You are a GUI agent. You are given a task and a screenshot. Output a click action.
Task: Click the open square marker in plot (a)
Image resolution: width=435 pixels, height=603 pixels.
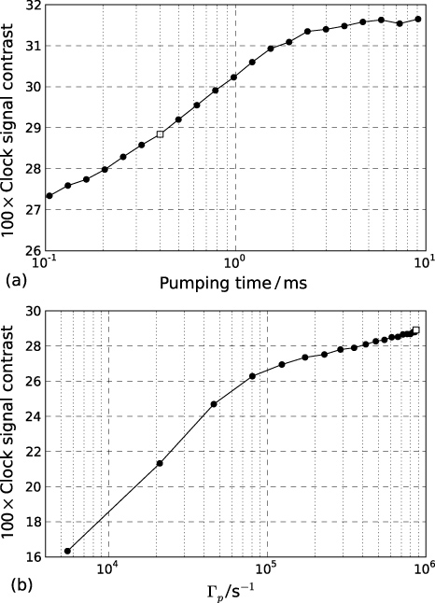161,134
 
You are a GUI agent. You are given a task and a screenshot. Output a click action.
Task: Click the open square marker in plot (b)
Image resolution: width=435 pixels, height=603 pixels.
416,330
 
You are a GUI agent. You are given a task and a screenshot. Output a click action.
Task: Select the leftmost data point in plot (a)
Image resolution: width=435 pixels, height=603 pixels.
49,195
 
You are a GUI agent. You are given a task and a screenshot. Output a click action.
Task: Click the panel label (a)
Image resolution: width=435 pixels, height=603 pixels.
14,279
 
